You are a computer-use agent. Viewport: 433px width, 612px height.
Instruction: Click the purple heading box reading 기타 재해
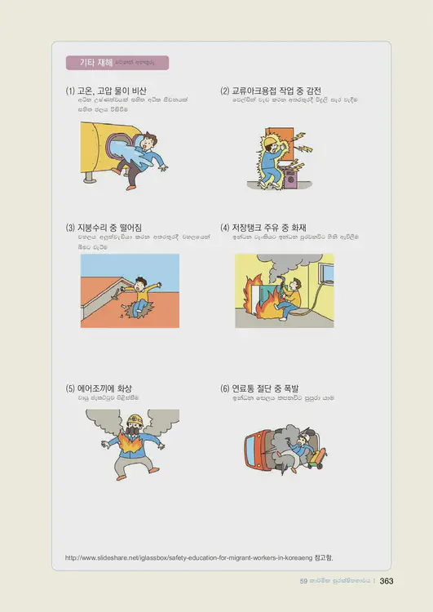(x=117, y=63)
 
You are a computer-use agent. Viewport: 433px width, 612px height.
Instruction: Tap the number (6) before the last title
(x=225, y=388)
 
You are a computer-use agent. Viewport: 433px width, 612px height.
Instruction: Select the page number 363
(x=387, y=581)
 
